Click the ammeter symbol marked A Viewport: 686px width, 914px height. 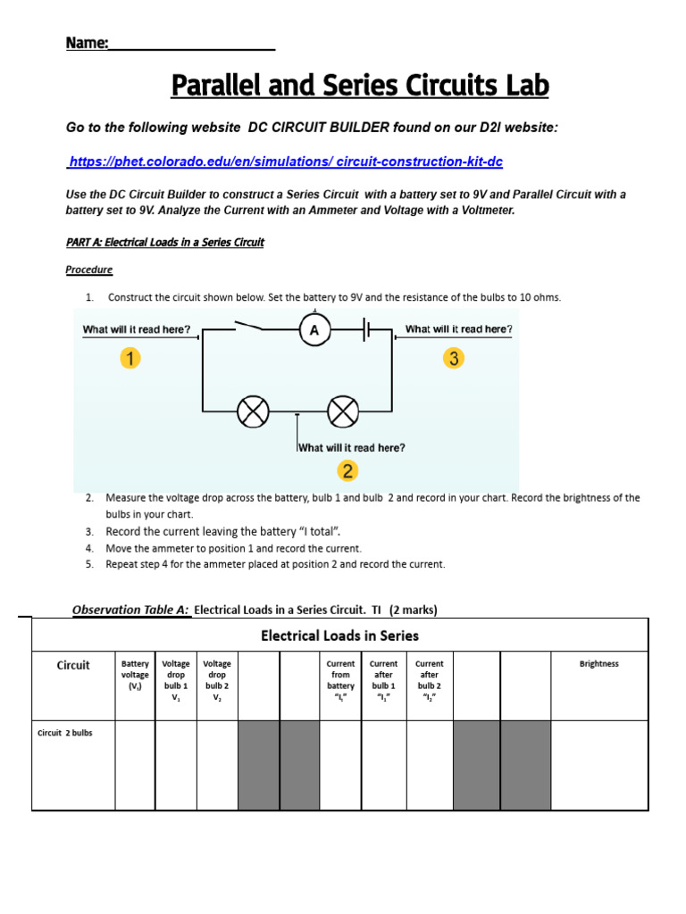pyautogui.click(x=314, y=331)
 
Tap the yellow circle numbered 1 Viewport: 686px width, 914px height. pyautogui.click(x=130, y=359)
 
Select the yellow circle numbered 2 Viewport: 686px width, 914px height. pyautogui.click(x=347, y=470)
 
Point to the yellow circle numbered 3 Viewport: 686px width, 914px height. pyautogui.click(x=454, y=359)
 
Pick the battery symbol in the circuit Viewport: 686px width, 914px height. pyautogui.click(x=368, y=331)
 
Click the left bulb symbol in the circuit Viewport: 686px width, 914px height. pyautogui.click(x=253, y=411)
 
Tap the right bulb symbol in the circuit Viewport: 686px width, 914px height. pyautogui.click(x=342, y=411)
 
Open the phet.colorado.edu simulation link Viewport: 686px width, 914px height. pyautogui.click(x=280, y=162)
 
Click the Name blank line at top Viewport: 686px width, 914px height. pyautogui.click(x=191, y=45)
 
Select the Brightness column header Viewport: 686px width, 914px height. pyautogui.click(x=598, y=664)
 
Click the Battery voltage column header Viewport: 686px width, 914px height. pyautogui.click(x=135, y=675)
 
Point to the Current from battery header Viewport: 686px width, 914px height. pyautogui.click(x=340, y=680)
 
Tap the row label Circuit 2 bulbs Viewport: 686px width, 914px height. pyautogui.click(x=65, y=733)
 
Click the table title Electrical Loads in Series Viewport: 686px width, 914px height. pyautogui.click(x=339, y=636)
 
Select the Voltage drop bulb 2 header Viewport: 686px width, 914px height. pyautogui.click(x=217, y=680)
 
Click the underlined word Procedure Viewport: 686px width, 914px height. pyautogui.click(x=89, y=270)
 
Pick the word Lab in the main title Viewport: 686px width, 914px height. pyautogui.click(x=524, y=87)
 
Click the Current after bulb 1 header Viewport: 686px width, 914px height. pyautogui.click(x=383, y=680)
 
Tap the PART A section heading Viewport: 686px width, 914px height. pyautogui.click(x=165, y=242)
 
